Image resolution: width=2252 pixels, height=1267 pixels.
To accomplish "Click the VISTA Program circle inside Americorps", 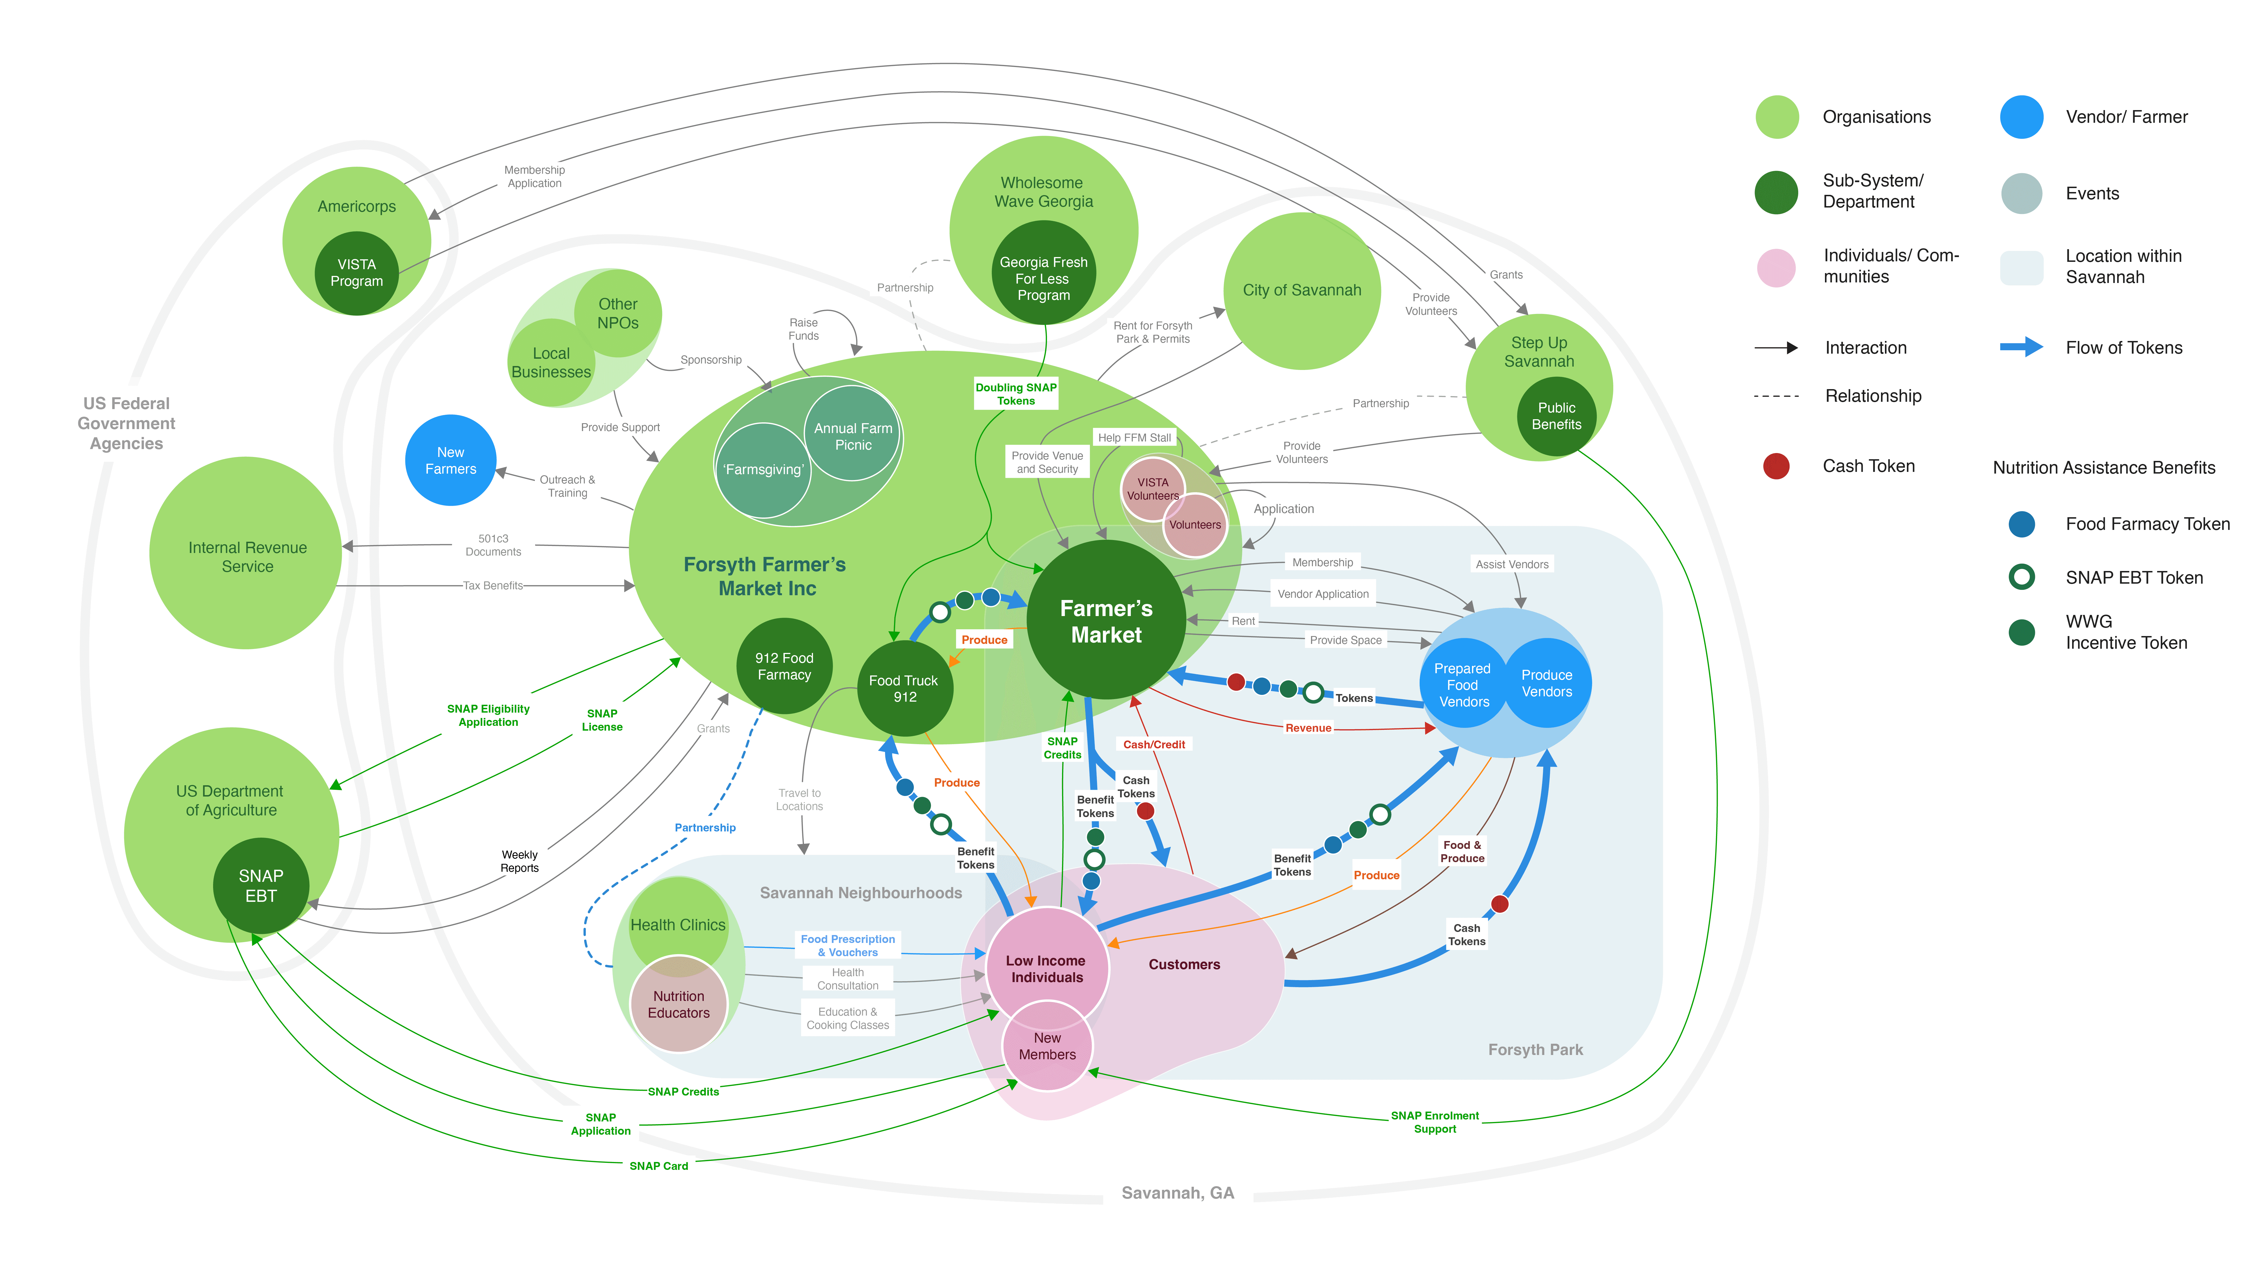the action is (357, 273).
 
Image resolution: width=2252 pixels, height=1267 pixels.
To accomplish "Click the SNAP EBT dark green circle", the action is (260, 886).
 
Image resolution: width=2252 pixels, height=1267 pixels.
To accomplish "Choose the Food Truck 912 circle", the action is (905, 688).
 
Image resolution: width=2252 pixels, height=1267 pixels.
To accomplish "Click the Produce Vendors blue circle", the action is (1547, 683).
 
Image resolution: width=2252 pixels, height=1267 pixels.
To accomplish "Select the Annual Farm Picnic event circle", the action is (853, 434).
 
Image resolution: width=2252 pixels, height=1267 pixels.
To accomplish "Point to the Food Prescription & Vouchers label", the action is (848, 945).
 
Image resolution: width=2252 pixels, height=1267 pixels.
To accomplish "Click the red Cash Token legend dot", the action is (1777, 466).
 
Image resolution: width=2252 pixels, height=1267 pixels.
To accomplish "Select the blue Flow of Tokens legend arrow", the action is (2021, 347).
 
